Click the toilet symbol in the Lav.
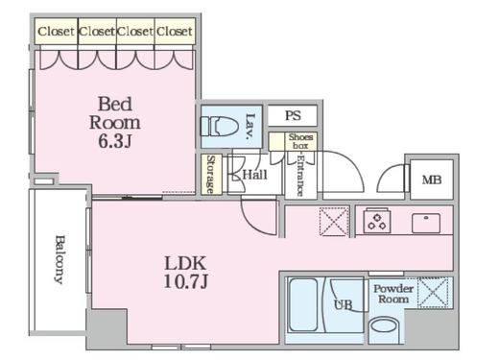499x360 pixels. pyautogui.click(x=219, y=127)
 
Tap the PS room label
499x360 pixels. pyautogui.click(x=293, y=115)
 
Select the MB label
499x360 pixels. pyautogui.click(x=432, y=180)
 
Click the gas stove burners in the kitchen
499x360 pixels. pyautogui.click(x=377, y=221)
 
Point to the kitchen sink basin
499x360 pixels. pyautogui.click(x=426, y=223)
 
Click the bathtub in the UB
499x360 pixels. pyautogui.click(x=303, y=305)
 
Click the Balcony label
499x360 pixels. pyautogui.click(x=59, y=259)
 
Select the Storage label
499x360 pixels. pyautogui.click(x=210, y=175)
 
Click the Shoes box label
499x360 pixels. pyautogui.click(x=300, y=141)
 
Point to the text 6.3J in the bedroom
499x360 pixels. pyautogui.click(x=115, y=141)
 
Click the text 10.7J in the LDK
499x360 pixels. pyautogui.click(x=186, y=281)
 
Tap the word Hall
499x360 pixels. pyautogui.click(x=254, y=175)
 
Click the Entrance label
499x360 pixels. pyautogui.click(x=299, y=176)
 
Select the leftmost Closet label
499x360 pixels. pyautogui.click(x=56, y=32)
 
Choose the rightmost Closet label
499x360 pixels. pyautogui.click(x=175, y=32)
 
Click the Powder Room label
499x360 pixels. pyautogui.click(x=393, y=294)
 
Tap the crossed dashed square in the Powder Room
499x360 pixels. pyautogui.click(x=435, y=293)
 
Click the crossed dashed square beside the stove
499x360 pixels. pyautogui.click(x=334, y=222)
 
